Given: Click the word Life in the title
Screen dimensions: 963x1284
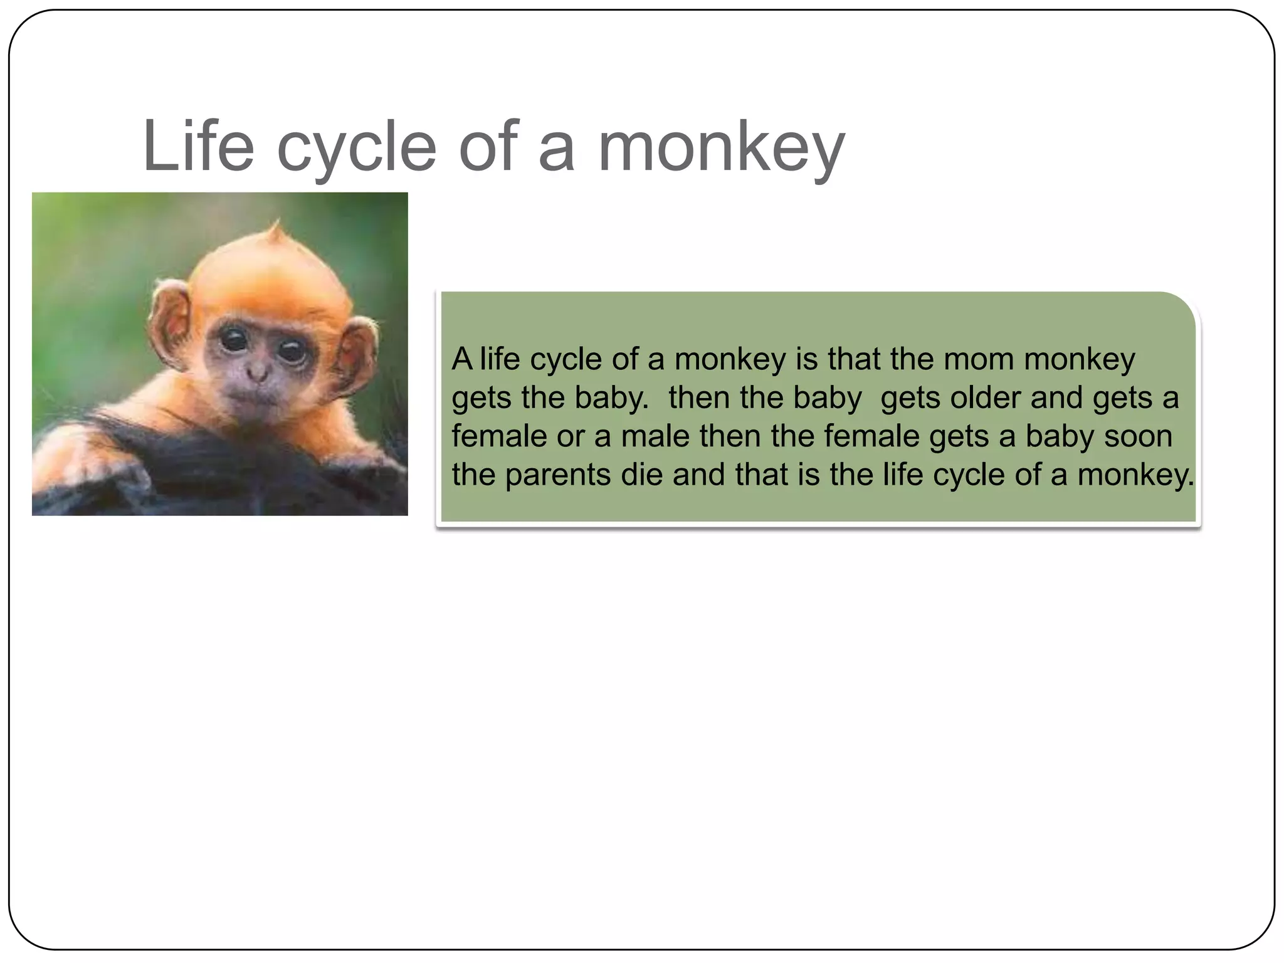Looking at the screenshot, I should click(198, 146).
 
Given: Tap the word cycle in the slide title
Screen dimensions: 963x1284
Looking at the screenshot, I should click(355, 147).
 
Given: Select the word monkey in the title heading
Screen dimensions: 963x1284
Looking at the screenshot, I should click(721, 147).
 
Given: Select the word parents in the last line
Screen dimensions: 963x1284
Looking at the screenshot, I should click(557, 475).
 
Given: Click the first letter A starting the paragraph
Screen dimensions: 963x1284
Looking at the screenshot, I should click(462, 359).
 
